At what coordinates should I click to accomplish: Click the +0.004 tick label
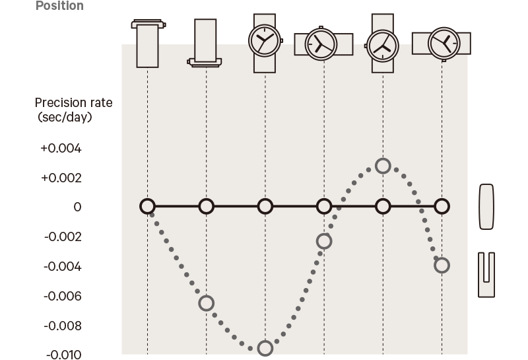(x=61, y=149)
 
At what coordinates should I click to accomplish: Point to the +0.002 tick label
(x=61, y=178)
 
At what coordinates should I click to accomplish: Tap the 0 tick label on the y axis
(x=77, y=207)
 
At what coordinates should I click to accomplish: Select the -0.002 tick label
(x=63, y=237)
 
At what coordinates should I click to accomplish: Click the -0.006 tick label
(x=63, y=297)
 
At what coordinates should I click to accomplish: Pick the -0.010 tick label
(x=63, y=355)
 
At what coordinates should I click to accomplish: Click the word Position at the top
(x=59, y=6)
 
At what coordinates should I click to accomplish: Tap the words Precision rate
(x=74, y=102)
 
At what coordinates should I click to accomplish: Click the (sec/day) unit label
(x=65, y=118)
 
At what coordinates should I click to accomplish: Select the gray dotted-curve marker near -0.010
(x=265, y=349)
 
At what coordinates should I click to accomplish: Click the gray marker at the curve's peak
(x=383, y=166)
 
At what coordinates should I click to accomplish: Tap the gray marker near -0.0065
(x=207, y=303)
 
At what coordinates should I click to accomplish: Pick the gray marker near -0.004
(x=442, y=266)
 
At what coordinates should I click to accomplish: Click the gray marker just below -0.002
(x=324, y=241)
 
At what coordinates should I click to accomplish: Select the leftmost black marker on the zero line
(x=147, y=206)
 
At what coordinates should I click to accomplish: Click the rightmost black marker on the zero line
(x=442, y=206)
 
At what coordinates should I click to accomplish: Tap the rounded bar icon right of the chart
(x=486, y=207)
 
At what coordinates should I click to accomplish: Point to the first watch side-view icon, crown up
(x=148, y=44)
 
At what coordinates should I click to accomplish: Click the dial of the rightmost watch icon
(x=444, y=43)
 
